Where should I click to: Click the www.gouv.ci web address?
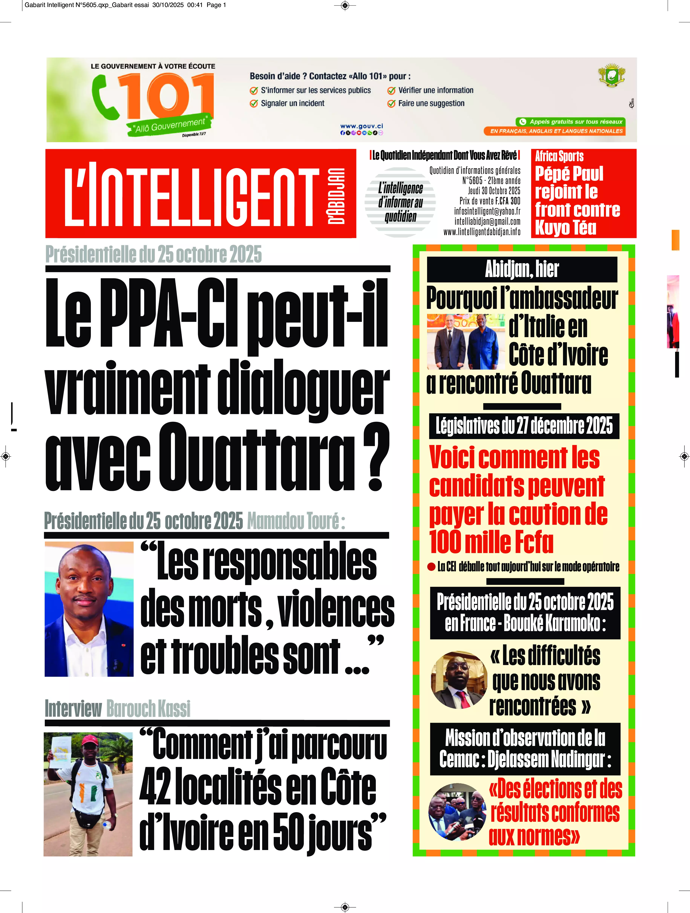361,126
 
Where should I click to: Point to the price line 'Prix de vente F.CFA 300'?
490,201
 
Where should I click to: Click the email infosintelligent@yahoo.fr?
487,211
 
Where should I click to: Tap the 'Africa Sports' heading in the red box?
559,157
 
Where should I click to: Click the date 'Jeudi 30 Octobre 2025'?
494,191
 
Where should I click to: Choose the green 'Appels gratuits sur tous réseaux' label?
571,122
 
